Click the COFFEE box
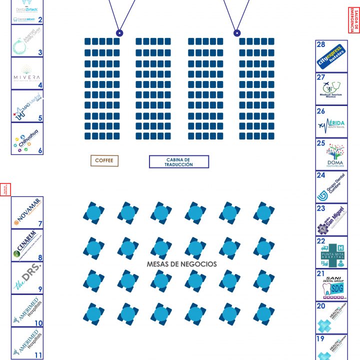pyautogui.click(x=104, y=160)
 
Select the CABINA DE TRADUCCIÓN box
pyautogui.click(x=178, y=161)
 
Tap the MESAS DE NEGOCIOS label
pyautogui.click(x=181, y=264)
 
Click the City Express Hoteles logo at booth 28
pyautogui.click(x=330, y=56)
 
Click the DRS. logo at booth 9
pyautogui.click(x=26, y=276)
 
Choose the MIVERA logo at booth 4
pyautogui.click(x=27, y=73)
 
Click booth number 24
pyautogui.click(x=321, y=175)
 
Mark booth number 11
pyautogui.click(x=38, y=355)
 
